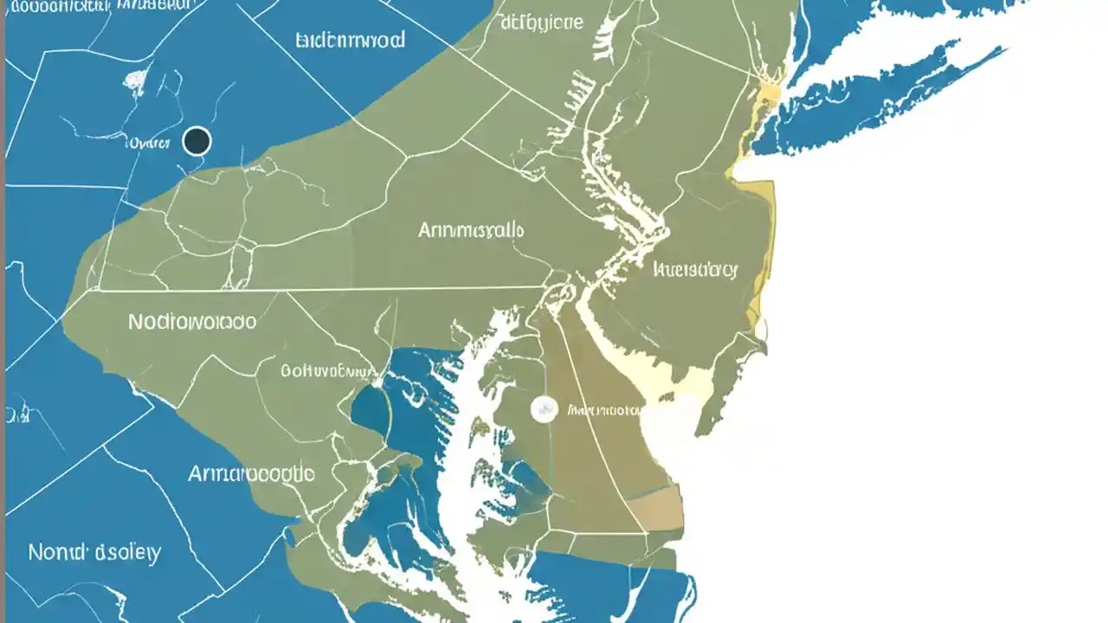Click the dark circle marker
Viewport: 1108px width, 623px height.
click(x=197, y=141)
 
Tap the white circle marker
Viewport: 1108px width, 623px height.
click(x=544, y=408)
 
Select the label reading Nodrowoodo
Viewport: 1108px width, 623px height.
click(x=192, y=322)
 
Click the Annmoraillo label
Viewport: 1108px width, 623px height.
click(x=471, y=230)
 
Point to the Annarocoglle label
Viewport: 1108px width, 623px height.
click(x=251, y=473)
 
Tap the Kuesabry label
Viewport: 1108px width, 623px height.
click(x=696, y=270)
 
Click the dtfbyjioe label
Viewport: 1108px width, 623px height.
click(x=542, y=22)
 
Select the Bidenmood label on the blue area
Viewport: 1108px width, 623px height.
click(x=350, y=40)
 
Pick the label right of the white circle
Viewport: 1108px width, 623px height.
click(x=603, y=409)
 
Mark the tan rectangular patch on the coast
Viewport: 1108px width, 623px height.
click(x=655, y=508)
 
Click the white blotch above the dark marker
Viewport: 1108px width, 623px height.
click(x=135, y=80)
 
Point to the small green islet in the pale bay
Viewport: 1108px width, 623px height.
click(x=709, y=420)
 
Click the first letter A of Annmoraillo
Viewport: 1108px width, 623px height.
click(x=426, y=230)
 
